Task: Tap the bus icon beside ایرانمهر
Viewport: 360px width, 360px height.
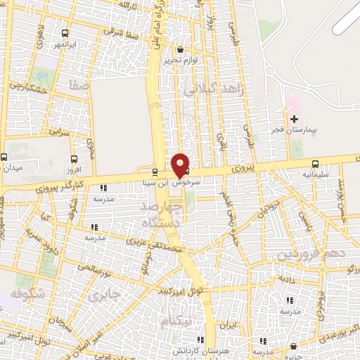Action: (65, 33)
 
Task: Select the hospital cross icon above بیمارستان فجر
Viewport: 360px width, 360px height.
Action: (293, 120)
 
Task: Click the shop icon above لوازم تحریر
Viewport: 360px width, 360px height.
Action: (181, 50)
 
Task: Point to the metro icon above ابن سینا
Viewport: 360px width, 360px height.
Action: (155, 172)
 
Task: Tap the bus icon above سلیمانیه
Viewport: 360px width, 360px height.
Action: (314, 162)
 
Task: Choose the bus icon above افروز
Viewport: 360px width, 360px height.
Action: (75, 159)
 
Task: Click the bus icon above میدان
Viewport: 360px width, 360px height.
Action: (4, 157)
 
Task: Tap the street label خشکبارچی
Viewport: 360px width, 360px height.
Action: (28, 87)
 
